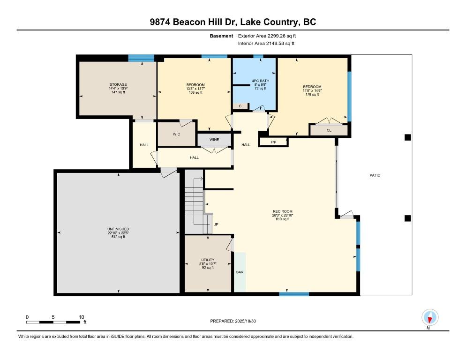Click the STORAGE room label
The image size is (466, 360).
(x=118, y=85)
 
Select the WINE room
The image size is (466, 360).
(x=214, y=140)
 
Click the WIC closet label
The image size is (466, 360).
(x=176, y=134)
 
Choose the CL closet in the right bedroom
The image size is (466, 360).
(x=329, y=130)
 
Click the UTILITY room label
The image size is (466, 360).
(x=208, y=260)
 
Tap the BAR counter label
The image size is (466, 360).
(x=240, y=272)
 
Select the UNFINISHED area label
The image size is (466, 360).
(x=118, y=229)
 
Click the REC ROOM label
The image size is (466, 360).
(x=282, y=211)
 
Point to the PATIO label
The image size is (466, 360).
(x=374, y=175)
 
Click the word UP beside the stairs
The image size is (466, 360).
(x=216, y=224)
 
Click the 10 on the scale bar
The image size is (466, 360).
(x=81, y=317)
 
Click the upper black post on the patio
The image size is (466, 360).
(x=407, y=137)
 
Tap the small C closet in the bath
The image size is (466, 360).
(x=240, y=106)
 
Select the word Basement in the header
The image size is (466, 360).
(x=221, y=36)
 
